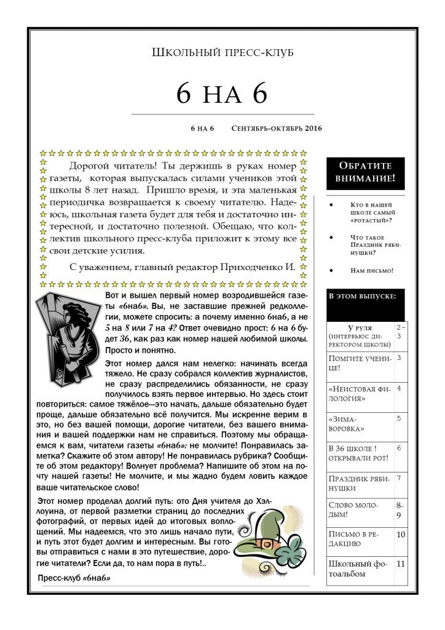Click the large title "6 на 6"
(x=222, y=93)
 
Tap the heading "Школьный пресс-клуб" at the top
(x=222, y=53)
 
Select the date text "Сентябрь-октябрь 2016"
(x=277, y=129)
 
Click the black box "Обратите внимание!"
(x=365, y=173)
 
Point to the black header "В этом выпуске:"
(x=365, y=296)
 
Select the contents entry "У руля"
(x=360, y=329)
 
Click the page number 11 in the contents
(x=401, y=563)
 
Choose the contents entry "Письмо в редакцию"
(x=360, y=539)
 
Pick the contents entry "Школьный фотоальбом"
(x=360, y=568)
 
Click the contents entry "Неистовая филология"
(x=360, y=393)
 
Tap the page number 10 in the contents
(x=401, y=535)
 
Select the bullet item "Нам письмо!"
(x=371, y=270)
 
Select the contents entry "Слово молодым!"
(x=360, y=509)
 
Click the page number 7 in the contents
(x=399, y=477)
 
